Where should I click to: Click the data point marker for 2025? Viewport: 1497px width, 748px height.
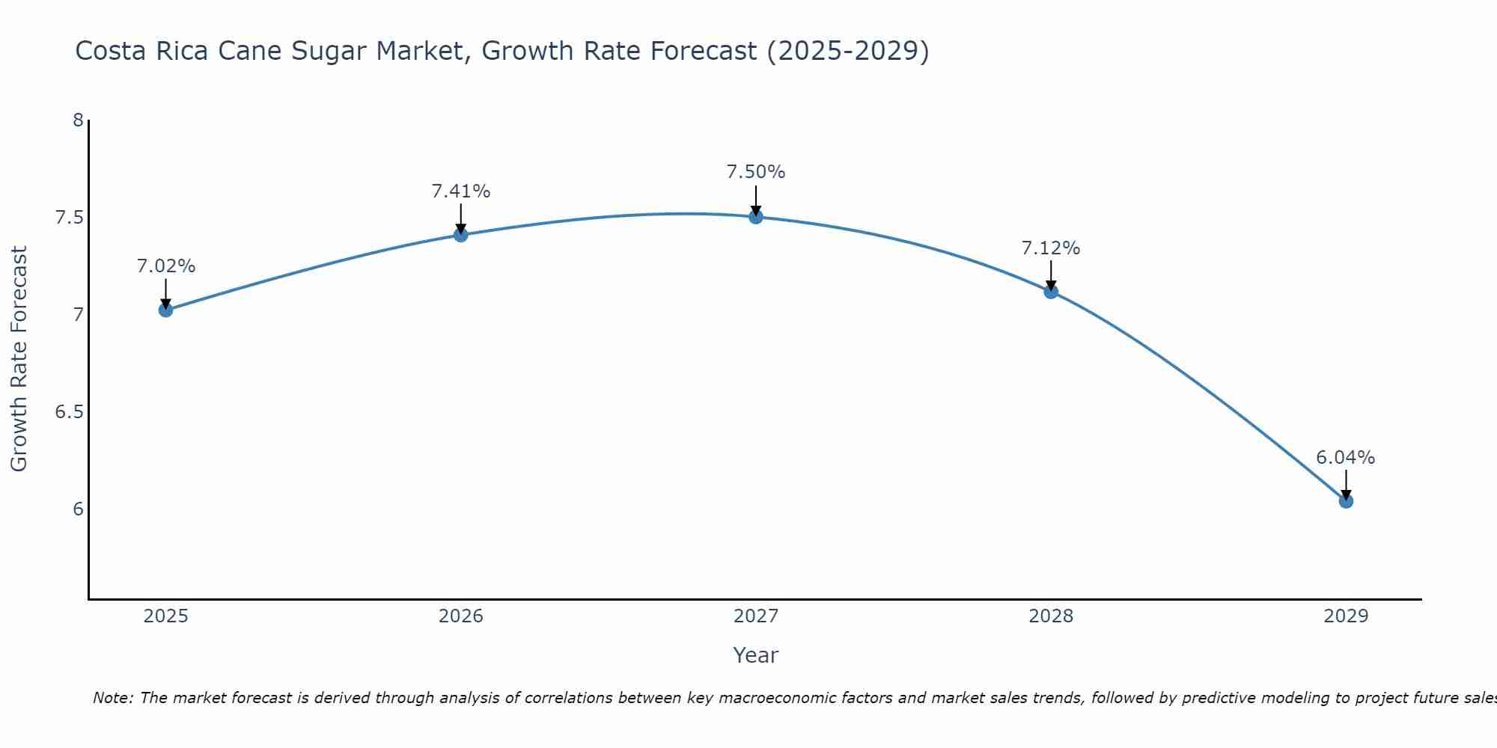(x=166, y=310)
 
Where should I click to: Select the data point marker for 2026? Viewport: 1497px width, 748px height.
(x=461, y=235)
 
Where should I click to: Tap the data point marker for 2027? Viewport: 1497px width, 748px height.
(x=756, y=217)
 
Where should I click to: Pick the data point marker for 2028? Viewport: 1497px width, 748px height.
(x=1051, y=292)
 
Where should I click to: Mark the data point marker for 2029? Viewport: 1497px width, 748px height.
(x=1346, y=501)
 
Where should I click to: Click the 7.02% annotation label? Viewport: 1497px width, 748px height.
(x=166, y=266)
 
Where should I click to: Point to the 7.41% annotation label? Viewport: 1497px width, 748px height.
(x=461, y=191)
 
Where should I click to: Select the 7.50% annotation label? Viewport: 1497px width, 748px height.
(x=756, y=172)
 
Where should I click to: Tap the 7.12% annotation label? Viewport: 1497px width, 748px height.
(x=1051, y=248)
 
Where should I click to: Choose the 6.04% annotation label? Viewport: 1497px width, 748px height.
(x=1346, y=458)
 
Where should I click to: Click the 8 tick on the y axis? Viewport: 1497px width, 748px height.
(x=78, y=120)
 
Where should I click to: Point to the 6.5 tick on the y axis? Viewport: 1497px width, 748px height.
(x=69, y=412)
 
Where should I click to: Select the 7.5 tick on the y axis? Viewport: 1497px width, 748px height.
(x=69, y=218)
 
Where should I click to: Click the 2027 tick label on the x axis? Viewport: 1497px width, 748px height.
(x=756, y=616)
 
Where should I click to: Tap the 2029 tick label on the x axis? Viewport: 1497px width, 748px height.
(x=1346, y=616)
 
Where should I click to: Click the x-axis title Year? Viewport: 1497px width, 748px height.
(x=756, y=655)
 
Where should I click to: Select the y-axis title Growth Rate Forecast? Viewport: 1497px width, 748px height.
(x=19, y=359)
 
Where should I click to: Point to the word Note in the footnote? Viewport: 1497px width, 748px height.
(x=112, y=698)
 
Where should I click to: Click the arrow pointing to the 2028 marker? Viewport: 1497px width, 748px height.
(x=1051, y=275)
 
